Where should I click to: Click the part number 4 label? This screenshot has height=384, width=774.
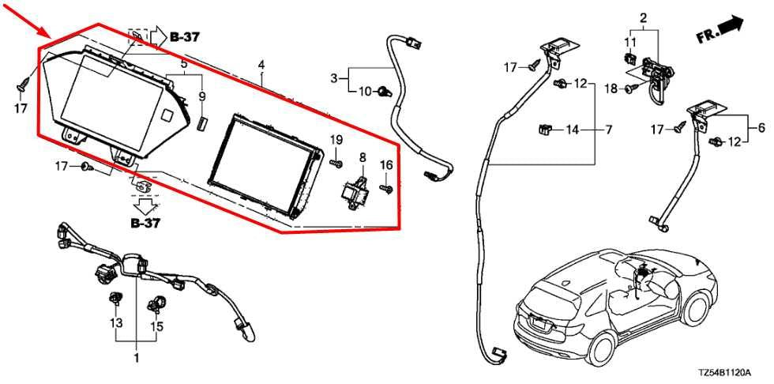tap(261, 65)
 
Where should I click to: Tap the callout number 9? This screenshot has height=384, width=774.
tap(202, 96)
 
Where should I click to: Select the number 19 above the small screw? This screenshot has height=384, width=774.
tap(336, 140)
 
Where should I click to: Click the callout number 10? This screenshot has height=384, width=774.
tap(365, 92)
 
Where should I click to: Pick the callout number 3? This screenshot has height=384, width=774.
tap(334, 78)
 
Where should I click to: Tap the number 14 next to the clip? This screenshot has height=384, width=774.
tap(572, 130)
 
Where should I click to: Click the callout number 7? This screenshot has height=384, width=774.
tap(608, 130)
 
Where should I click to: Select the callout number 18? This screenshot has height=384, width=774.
tap(611, 88)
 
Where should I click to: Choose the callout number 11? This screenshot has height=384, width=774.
tap(632, 41)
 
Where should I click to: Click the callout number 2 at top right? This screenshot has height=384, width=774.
tap(643, 19)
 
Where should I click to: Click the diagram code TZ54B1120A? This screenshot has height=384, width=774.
tap(724, 371)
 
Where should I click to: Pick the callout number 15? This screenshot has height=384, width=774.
tap(157, 326)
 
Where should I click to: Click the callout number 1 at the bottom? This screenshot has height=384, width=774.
tap(136, 357)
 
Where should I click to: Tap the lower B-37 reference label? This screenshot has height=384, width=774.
tap(145, 223)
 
